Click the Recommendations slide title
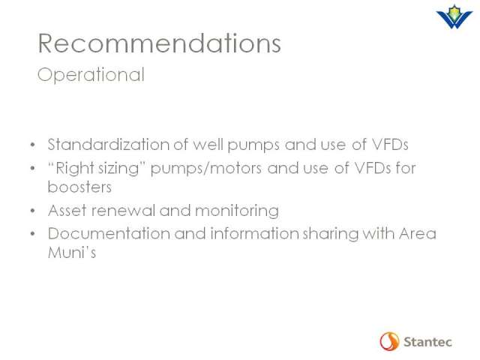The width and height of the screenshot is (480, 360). pos(159,43)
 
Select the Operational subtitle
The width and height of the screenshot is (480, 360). pos(91,75)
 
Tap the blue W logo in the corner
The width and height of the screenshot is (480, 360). pos(454,16)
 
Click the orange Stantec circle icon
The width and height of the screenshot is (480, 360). pos(389,341)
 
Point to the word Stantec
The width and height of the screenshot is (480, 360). pos(427,342)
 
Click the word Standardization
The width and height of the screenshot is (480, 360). pos(109,144)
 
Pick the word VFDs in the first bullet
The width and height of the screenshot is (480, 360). pos(390,145)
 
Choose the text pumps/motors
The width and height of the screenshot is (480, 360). pos(206,169)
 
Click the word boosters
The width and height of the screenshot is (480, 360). pos(79,187)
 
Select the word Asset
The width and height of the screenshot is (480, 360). pos(67,211)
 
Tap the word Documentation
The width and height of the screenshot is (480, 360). pos(109,234)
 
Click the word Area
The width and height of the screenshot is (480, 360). pos(418,234)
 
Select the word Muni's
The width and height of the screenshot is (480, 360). pos(72,253)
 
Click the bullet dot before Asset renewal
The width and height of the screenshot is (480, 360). pos(33,211)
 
